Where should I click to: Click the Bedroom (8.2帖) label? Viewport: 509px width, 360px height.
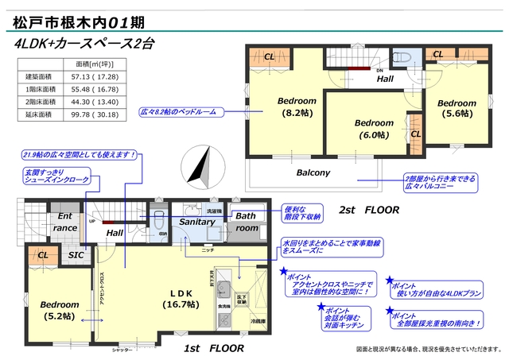click(x=297, y=107)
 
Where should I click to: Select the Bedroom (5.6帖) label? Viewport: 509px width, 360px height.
click(x=457, y=109)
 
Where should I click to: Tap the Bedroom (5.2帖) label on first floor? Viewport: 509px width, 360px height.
click(x=60, y=310)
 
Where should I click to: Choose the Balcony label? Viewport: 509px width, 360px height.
click(x=313, y=172)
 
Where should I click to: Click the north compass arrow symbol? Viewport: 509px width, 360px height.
click(x=196, y=168)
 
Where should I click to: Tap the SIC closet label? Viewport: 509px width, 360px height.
click(x=76, y=255)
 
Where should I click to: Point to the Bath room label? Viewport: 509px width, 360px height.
click(x=247, y=222)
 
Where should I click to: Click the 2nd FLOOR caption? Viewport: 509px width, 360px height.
click(x=368, y=211)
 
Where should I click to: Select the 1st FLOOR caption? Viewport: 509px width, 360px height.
click(x=213, y=348)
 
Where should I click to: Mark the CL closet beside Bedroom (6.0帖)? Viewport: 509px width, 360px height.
click(x=416, y=134)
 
